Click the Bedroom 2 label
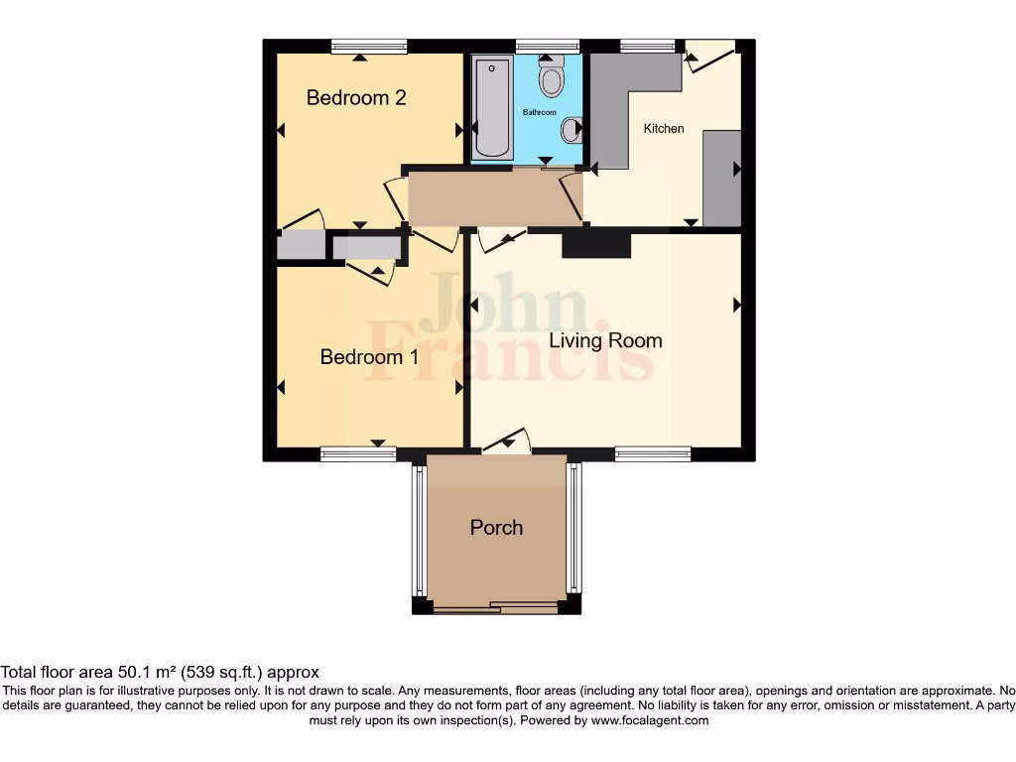tap(355, 97)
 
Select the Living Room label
tap(605, 340)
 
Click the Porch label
tap(496, 527)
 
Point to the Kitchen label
tap(664, 129)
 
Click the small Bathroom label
tap(540, 113)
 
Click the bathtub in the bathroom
tap(491, 108)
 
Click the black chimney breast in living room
tap(596, 244)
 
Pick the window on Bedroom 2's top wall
tap(369, 46)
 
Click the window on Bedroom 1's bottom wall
tap(357, 454)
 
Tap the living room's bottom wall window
tap(652, 454)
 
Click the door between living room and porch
tap(506, 444)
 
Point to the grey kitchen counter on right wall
tap(721, 178)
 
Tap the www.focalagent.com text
tap(649, 720)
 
